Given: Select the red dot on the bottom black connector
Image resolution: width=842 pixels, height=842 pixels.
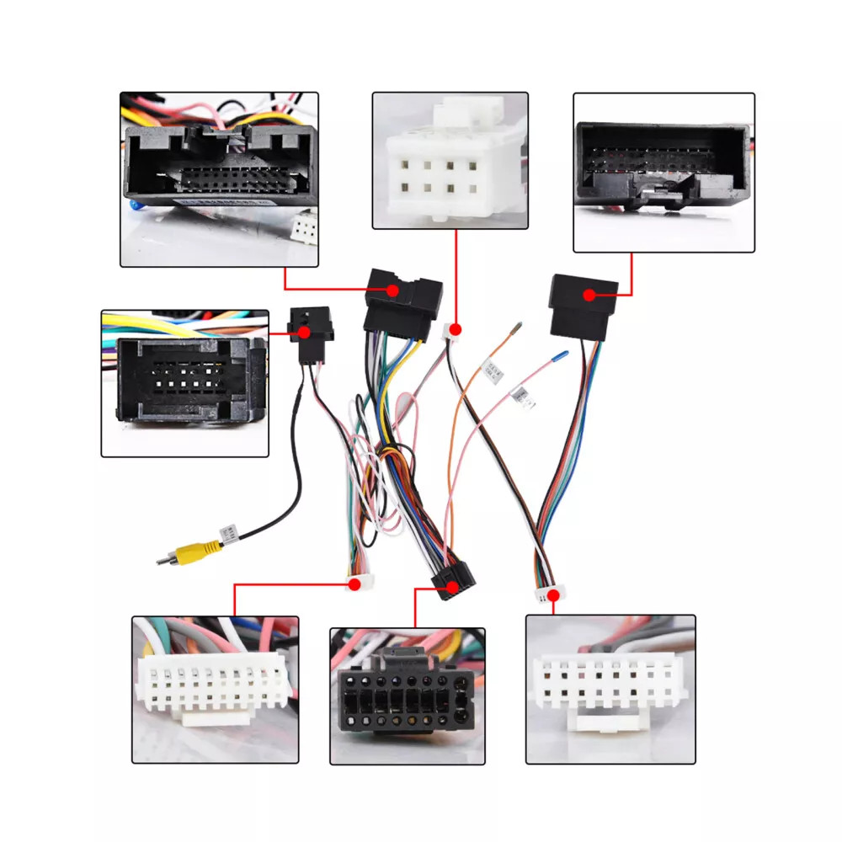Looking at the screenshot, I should [453, 588].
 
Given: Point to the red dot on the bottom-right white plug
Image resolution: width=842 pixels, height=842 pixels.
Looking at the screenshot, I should [554, 595].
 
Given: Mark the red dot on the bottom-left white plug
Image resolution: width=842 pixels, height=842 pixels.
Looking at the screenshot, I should [355, 583].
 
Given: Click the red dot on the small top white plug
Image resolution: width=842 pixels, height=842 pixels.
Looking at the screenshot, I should [456, 328].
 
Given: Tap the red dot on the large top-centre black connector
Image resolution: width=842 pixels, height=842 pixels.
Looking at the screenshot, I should [393, 290].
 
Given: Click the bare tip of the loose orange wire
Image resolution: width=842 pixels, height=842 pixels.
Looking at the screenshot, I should [518, 323].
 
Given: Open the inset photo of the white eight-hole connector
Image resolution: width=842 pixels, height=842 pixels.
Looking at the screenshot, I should [450, 160].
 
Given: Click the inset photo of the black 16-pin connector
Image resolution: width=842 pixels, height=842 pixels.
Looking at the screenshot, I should [408, 695].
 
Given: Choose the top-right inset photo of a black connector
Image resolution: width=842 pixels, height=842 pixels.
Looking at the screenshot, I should [663, 172].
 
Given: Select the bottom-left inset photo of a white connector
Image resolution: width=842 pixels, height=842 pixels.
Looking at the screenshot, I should [216, 690].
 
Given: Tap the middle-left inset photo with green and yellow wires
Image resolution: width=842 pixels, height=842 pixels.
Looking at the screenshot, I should [185, 384].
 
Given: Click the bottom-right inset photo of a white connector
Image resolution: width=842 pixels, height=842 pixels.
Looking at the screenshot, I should [610, 689].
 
